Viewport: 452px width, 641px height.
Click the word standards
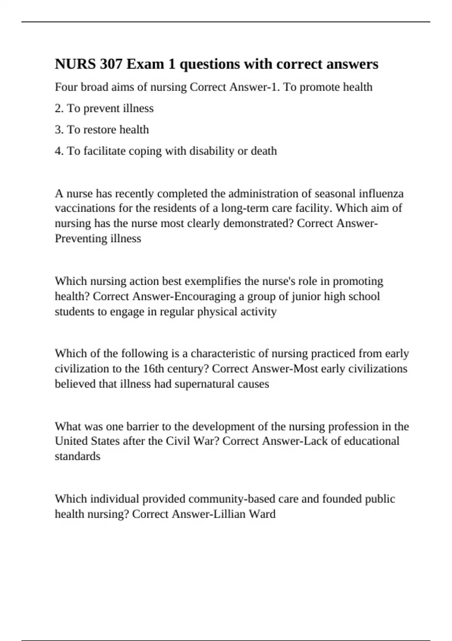(x=78, y=456)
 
